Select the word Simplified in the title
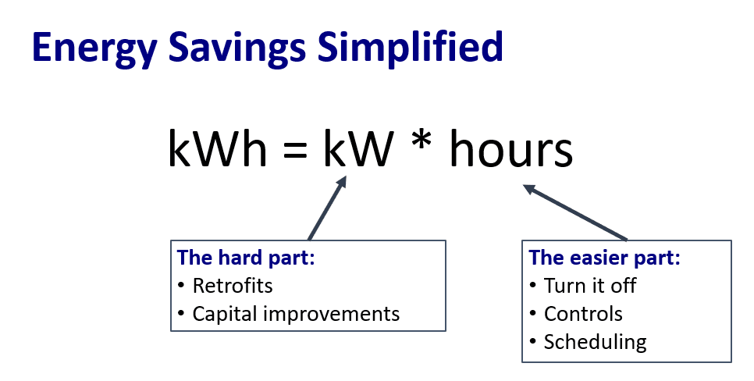(x=411, y=47)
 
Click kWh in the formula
(x=217, y=148)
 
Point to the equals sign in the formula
(x=295, y=150)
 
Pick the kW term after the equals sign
(x=358, y=148)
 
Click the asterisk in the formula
(x=421, y=141)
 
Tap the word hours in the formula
(x=511, y=148)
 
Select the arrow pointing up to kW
(x=327, y=208)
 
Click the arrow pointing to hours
(x=575, y=212)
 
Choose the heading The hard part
(x=246, y=258)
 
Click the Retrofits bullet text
(x=233, y=285)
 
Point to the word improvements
(x=331, y=314)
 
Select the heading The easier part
(x=604, y=258)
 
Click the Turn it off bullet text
(x=590, y=285)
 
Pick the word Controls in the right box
(x=583, y=314)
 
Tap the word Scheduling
(x=596, y=342)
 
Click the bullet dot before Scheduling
(x=533, y=341)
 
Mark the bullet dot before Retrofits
(x=181, y=285)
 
